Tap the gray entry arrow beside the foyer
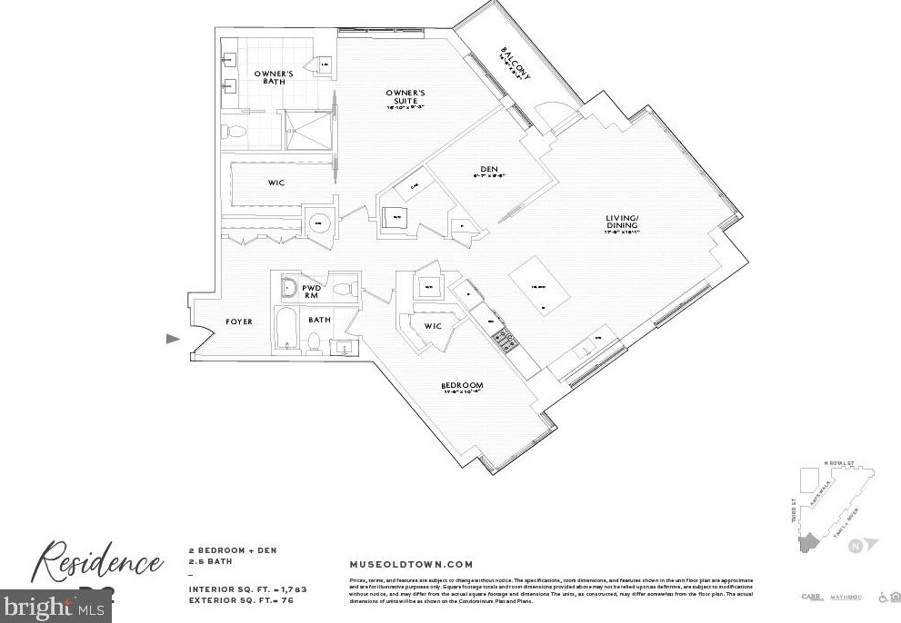tap(173, 339)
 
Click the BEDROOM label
tap(462, 386)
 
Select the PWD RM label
tap(313, 291)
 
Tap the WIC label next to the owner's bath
tap(276, 183)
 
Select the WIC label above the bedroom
tap(433, 326)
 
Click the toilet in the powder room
tap(343, 290)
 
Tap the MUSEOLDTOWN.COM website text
tap(411, 564)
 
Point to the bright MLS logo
tap(55, 606)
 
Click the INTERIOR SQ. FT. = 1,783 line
tap(247, 589)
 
